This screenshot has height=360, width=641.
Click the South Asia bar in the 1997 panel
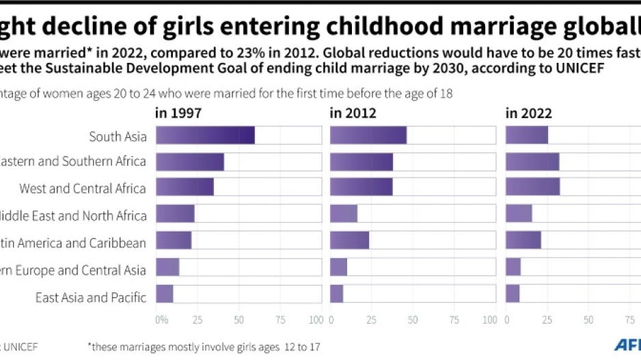coord(205,135)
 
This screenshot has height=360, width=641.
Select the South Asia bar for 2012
coord(368,135)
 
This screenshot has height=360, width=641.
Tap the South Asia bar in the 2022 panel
coord(527,135)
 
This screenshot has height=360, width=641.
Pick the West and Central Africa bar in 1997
coord(185,187)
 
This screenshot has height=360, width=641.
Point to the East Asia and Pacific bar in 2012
coord(337,294)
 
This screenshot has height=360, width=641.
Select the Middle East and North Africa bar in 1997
coord(175,214)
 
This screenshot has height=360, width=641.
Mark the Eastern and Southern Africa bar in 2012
coord(362,161)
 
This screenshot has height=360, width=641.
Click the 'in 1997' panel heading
coord(178,113)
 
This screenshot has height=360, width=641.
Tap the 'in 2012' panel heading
coord(353,113)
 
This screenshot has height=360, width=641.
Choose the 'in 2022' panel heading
coord(528,113)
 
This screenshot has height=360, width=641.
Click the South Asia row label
coord(118,137)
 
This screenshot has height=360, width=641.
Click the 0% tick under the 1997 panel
coord(161,320)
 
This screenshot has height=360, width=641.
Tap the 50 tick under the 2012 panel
coord(413,320)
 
